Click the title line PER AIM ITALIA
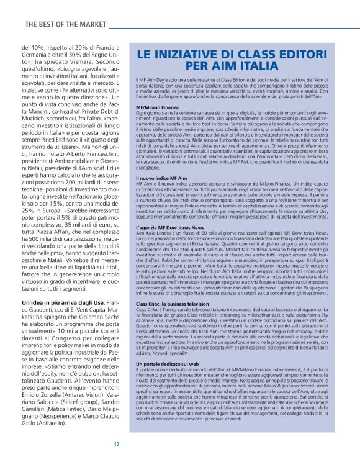pos(232,65)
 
